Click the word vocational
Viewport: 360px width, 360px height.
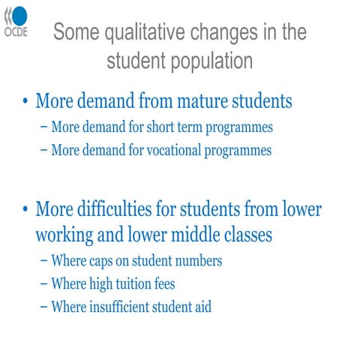[172, 150]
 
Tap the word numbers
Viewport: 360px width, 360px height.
[197, 262]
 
